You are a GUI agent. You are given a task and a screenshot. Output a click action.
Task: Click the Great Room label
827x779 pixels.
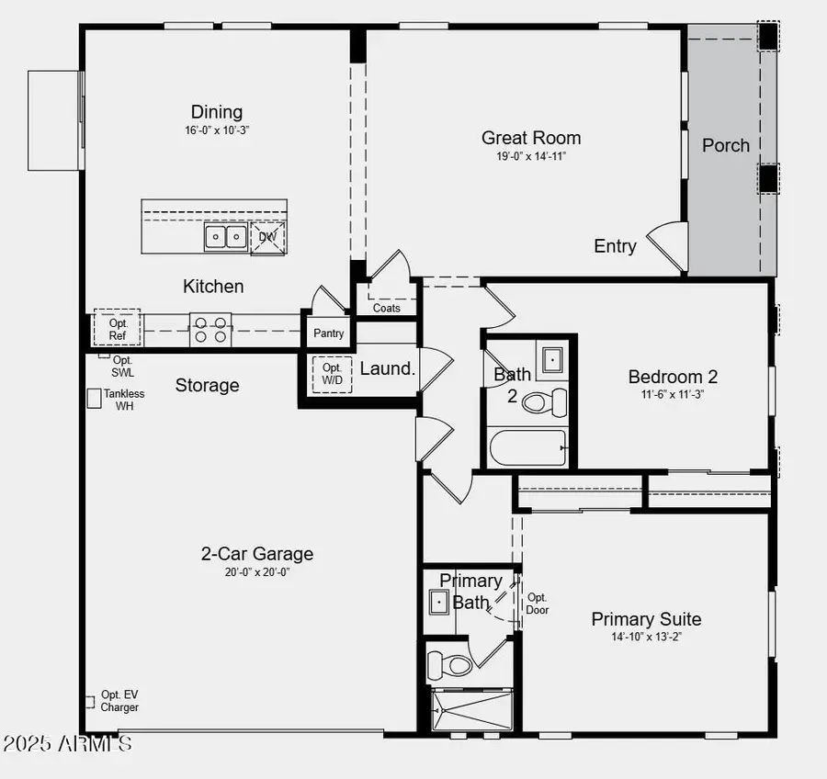[x=531, y=138]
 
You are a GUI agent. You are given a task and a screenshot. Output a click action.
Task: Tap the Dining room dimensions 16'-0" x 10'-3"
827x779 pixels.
[x=217, y=130]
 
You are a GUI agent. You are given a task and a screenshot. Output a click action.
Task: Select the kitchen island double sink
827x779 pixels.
[x=224, y=237]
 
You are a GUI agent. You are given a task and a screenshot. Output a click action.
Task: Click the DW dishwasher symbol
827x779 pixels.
[x=267, y=236]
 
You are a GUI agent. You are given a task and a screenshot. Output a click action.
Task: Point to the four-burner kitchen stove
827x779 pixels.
[x=210, y=330]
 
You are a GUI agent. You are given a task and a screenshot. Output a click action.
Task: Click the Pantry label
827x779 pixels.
[x=328, y=333]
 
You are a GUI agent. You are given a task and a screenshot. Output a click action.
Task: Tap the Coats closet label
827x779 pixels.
[x=387, y=308]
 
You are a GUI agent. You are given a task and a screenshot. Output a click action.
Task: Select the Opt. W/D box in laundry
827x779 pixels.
[x=331, y=374]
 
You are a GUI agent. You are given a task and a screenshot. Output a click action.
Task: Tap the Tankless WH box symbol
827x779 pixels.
[x=94, y=398]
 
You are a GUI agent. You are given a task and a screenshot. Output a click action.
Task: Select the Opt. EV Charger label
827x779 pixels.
[x=120, y=701]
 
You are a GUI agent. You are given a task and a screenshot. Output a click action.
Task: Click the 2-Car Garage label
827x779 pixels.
[x=257, y=554]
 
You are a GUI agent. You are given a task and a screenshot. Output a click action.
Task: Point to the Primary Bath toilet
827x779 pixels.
[x=450, y=662]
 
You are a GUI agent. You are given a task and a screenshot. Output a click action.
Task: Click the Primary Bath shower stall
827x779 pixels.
[x=470, y=709]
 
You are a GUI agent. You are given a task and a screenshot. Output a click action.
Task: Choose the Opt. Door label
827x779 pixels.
[x=538, y=604]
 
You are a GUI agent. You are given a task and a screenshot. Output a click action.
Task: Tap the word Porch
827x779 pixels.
[x=726, y=145]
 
